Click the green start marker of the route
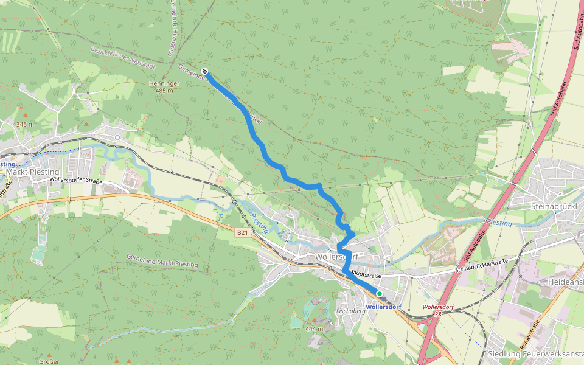379,293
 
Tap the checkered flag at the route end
204,71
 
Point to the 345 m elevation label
25,124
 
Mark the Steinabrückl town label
549,206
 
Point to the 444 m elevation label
315,328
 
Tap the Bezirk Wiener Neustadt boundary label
123,58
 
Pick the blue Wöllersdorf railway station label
384,307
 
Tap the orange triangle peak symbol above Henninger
164,76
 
